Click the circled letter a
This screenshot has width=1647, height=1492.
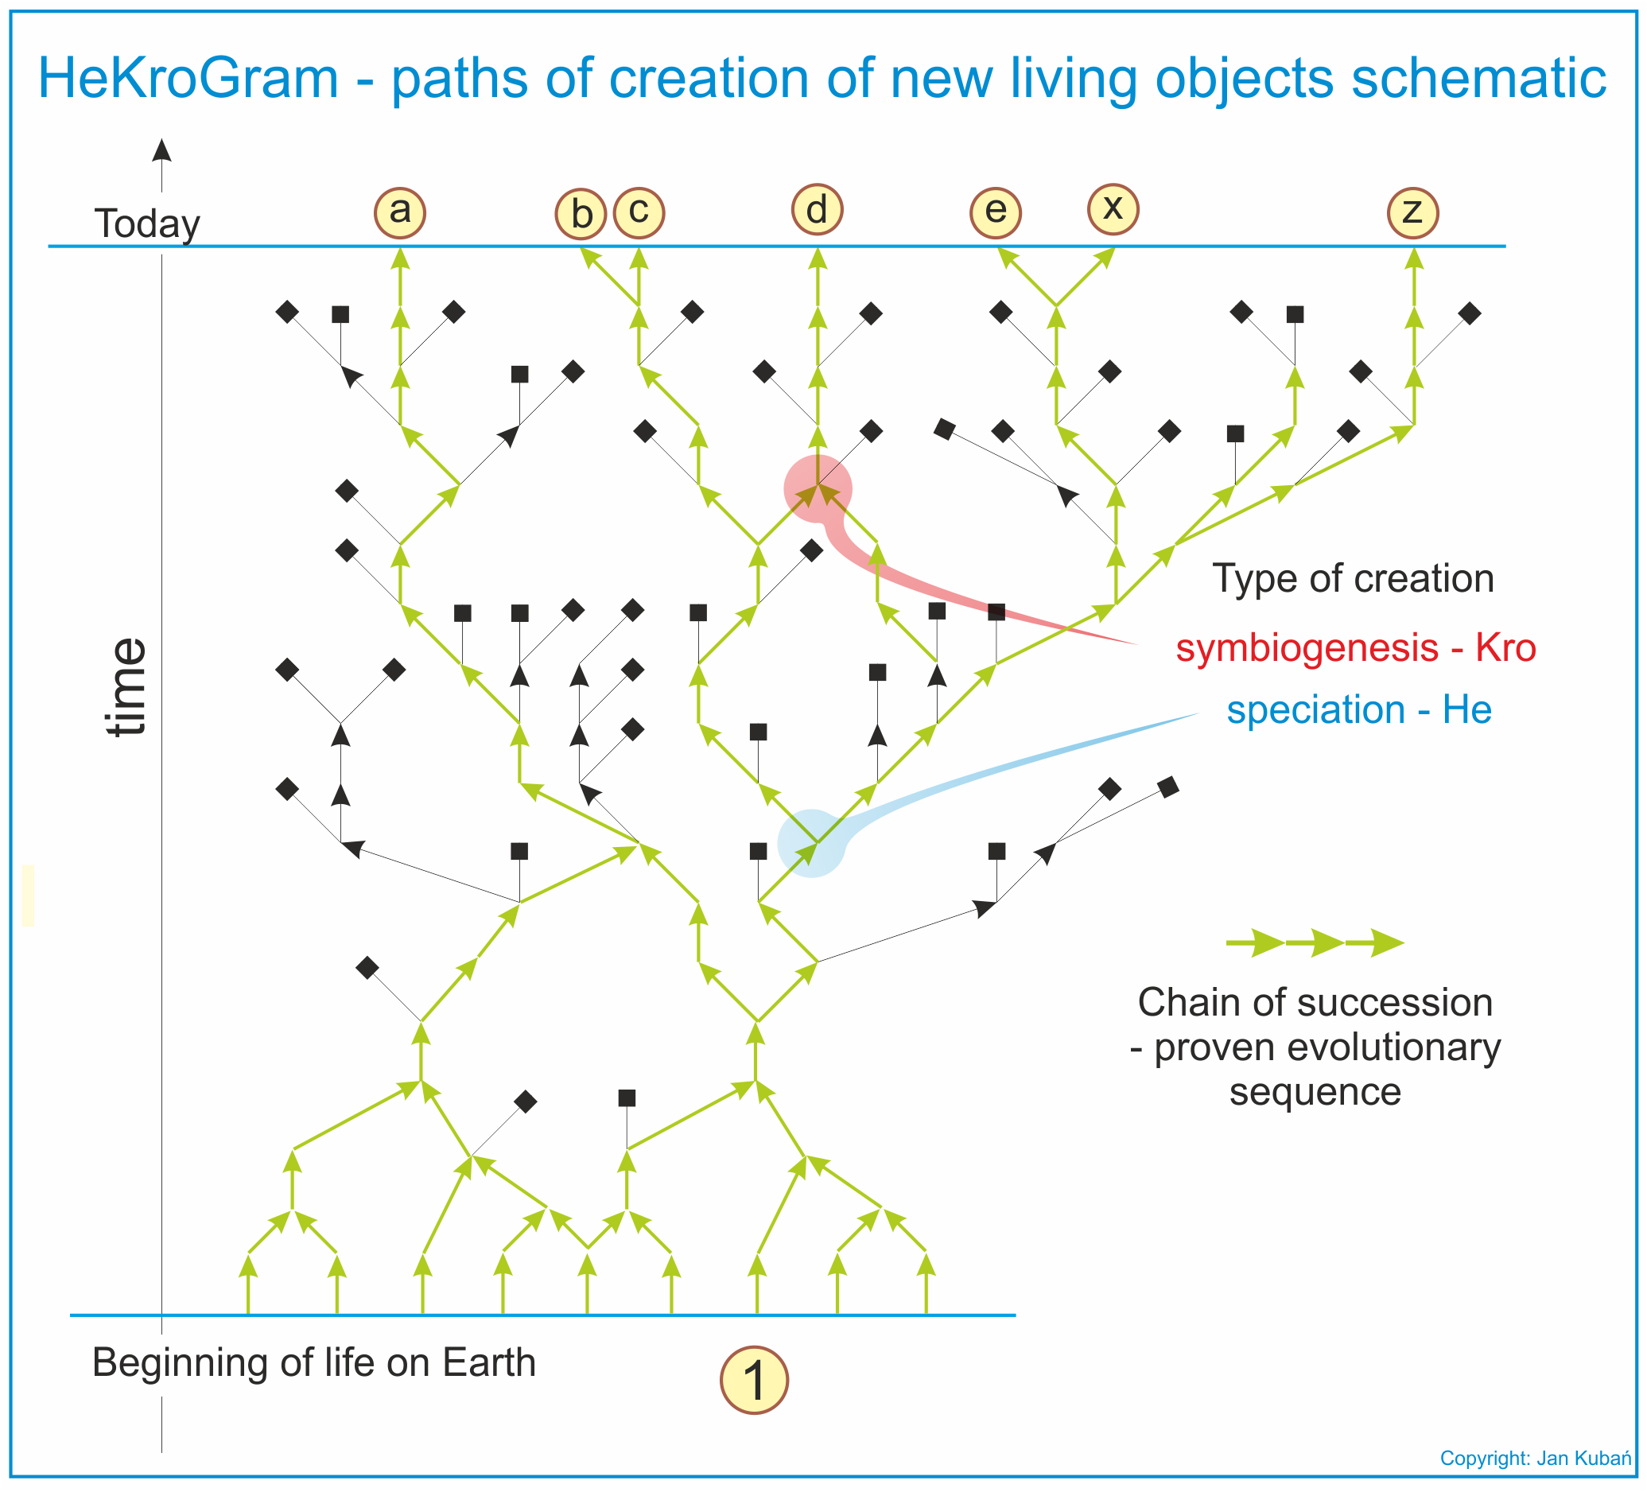coord(399,212)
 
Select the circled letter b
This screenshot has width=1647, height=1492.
coord(581,214)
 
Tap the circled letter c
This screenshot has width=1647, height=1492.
coord(639,212)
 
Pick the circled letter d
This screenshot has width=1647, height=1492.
coord(817,210)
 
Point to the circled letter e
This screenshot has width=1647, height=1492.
coord(995,212)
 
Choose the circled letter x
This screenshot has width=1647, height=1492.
coord(1113,209)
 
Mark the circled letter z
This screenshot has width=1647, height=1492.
coord(1413,212)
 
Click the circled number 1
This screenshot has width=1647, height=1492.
coord(754,1380)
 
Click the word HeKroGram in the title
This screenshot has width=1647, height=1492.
coord(188,80)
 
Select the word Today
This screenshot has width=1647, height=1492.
coord(147,224)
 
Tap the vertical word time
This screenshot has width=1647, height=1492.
coord(127,687)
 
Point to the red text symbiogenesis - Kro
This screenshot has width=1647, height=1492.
coord(1356,648)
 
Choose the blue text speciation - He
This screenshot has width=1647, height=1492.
coord(1359,709)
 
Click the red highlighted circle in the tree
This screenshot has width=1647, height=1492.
coord(818,488)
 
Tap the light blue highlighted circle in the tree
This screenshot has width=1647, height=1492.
coord(811,843)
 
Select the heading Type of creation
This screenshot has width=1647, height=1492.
coord(1353,578)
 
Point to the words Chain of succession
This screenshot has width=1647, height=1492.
coord(1315,1003)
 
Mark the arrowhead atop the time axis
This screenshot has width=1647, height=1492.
coord(161,150)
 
